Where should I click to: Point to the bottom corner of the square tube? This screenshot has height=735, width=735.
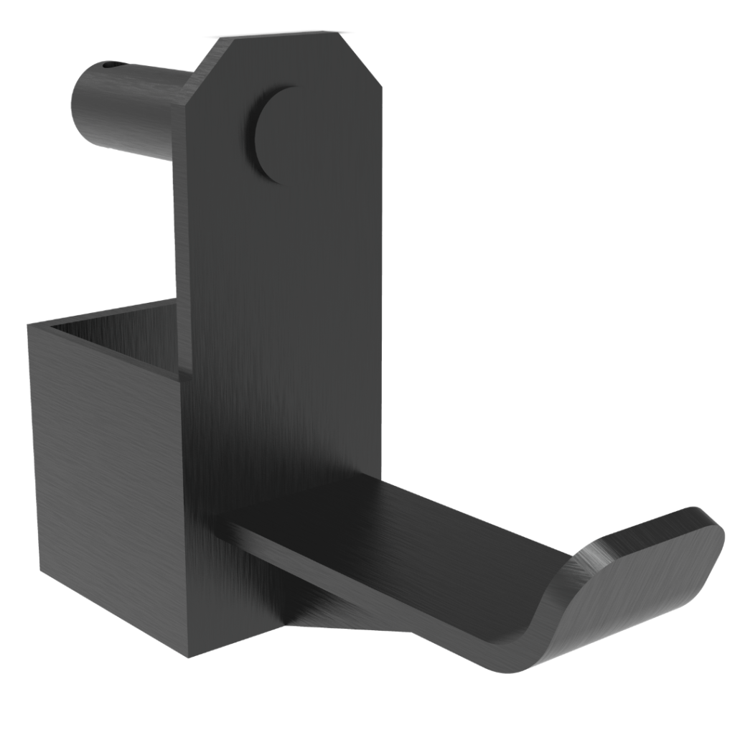pyautogui.click(x=188, y=655)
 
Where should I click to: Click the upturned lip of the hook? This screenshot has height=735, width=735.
pyautogui.click(x=639, y=567)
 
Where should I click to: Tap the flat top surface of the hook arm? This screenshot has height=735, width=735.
pyautogui.click(x=402, y=531)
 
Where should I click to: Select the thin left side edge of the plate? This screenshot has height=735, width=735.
pyautogui.click(x=181, y=215)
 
